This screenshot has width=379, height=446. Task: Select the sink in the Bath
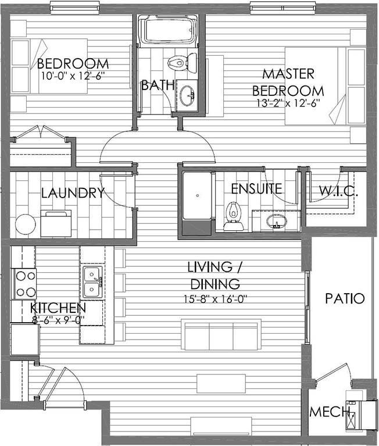click(187, 95)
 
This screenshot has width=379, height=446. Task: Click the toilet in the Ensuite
click(234, 216)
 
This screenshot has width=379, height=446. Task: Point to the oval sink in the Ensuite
click(276, 222)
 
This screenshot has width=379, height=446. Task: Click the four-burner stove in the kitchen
click(24, 284)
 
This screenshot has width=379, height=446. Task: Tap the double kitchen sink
click(92, 282)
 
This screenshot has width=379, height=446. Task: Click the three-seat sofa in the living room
click(221, 334)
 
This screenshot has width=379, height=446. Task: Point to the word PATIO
click(345, 299)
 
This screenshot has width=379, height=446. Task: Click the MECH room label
click(330, 412)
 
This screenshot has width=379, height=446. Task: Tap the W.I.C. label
click(338, 191)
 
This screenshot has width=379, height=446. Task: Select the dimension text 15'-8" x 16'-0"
click(215, 299)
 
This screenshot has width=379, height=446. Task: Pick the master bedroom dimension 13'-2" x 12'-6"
click(288, 103)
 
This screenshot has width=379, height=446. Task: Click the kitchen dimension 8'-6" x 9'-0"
click(58, 320)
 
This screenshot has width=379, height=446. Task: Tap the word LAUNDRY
click(73, 193)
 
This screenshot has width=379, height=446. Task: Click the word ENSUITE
click(256, 189)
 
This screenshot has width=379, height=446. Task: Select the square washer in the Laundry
click(56, 223)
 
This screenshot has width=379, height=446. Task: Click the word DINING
click(215, 284)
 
